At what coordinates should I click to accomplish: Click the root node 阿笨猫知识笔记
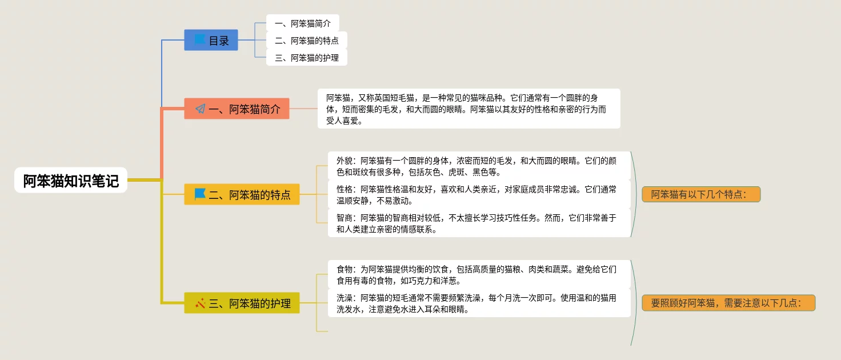(71, 181)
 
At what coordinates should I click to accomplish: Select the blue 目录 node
(211, 40)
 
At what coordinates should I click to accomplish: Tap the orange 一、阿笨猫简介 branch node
(237, 109)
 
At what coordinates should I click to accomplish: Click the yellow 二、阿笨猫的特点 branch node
(242, 194)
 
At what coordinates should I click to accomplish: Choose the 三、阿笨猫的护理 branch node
(242, 303)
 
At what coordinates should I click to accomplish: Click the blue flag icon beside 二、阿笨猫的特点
(200, 194)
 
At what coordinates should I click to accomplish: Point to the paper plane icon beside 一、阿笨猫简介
(200, 109)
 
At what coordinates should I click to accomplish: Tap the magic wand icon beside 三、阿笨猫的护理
(200, 303)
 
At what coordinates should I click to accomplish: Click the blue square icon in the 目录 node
(199, 39)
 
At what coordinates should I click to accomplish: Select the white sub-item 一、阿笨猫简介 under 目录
(302, 23)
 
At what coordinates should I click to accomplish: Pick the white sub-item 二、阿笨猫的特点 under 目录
(306, 41)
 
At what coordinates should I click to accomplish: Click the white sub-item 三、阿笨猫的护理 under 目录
(306, 58)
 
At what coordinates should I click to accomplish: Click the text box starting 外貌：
(479, 166)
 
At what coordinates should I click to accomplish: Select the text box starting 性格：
(479, 194)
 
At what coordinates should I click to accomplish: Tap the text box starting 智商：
(479, 223)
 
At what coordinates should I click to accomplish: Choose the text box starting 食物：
(479, 274)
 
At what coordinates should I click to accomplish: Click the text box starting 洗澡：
(479, 303)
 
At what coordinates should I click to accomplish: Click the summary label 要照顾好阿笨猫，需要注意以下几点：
(728, 303)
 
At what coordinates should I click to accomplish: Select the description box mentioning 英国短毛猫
(468, 108)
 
